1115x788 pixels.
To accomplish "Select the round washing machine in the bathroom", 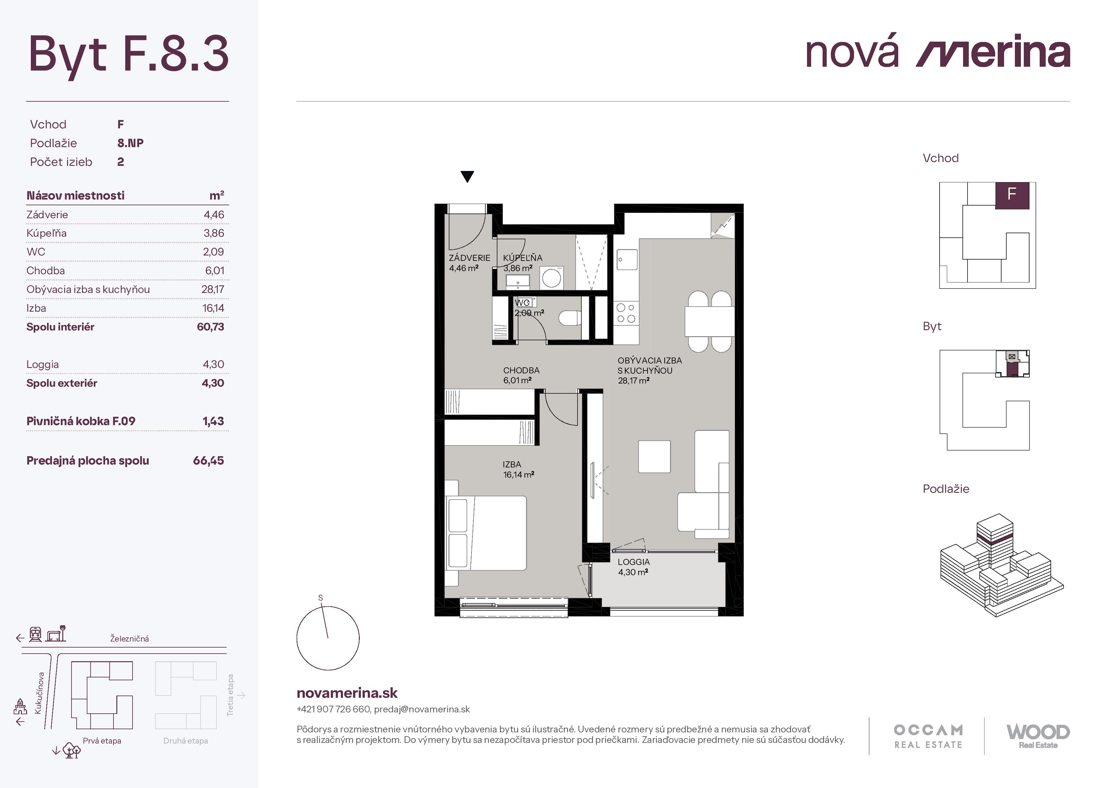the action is [x=552, y=278].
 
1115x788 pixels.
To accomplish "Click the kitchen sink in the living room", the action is [x=627, y=260].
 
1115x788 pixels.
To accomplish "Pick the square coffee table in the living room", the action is [x=654, y=456].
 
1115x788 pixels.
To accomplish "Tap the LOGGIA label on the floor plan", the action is [x=633, y=562].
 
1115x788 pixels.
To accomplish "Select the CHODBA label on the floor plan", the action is [x=521, y=370].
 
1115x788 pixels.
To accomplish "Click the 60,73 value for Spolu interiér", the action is [x=210, y=327].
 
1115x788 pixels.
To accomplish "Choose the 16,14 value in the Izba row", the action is [x=213, y=308].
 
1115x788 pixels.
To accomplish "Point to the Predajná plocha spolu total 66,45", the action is [x=208, y=461].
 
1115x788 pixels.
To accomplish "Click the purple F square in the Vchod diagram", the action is [x=1012, y=195].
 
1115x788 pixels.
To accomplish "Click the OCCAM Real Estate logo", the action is [x=928, y=737].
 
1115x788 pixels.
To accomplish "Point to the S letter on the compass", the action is [x=320, y=598].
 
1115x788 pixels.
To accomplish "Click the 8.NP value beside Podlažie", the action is [x=130, y=143].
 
